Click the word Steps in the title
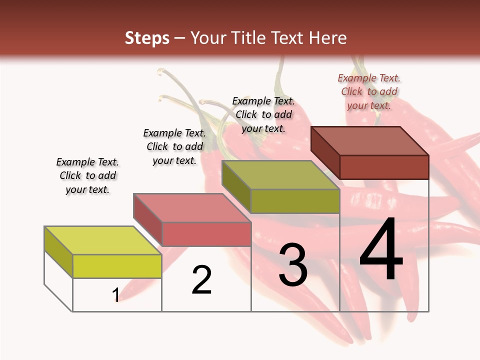click(147, 38)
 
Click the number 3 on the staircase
click(293, 265)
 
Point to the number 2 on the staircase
click(202, 280)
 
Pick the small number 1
click(116, 295)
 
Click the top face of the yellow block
click(102, 240)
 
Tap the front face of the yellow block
click(117, 266)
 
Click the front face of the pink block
click(206, 234)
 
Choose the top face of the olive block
click(280, 175)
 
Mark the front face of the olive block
click(295, 201)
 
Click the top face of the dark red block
click(369, 141)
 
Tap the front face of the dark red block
click(384, 167)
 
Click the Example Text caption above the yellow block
click(87, 175)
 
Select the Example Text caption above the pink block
click(174, 146)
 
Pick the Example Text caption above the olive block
click(263, 114)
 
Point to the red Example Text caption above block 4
click(369, 91)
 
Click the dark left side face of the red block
click(325, 152)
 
